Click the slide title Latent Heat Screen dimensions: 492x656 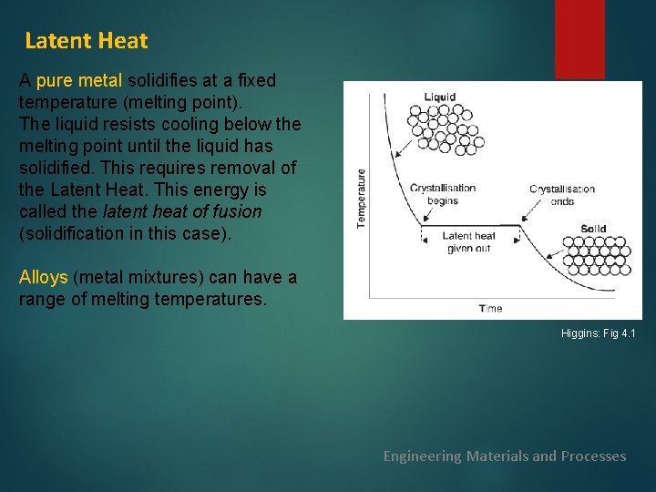(x=86, y=41)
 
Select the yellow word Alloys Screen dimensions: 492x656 (x=44, y=277)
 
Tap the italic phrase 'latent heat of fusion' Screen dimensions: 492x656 (x=181, y=211)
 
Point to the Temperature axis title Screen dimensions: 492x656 (x=361, y=198)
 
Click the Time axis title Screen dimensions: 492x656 (x=490, y=308)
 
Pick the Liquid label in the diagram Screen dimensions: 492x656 (x=440, y=97)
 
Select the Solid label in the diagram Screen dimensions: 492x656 (x=593, y=230)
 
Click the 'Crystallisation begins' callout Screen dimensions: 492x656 (x=443, y=194)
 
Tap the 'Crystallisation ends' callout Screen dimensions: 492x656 (x=562, y=195)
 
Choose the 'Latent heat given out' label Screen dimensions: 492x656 (x=468, y=242)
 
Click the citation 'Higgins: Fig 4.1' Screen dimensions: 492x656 (x=598, y=334)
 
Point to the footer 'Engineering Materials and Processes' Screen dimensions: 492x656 (x=504, y=456)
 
